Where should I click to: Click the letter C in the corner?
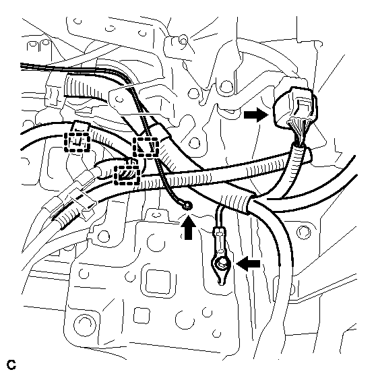tap(11, 365)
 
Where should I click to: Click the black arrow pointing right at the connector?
tap(256, 115)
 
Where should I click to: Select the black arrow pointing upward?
tap(189, 227)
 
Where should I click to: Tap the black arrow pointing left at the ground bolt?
tap(248, 263)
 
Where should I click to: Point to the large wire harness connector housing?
tap(296, 106)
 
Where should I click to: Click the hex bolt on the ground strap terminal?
tap(221, 263)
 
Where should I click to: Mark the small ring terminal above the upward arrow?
tap(188, 206)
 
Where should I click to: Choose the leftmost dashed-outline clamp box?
tap(77, 142)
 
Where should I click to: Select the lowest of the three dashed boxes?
tap(127, 175)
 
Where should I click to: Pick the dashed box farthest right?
tap(146, 148)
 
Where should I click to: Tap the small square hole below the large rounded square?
tap(142, 315)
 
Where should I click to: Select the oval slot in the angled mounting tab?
tap(119, 99)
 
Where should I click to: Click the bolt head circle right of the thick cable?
tap(304, 232)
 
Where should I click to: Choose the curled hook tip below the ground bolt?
tap(221, 280)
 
